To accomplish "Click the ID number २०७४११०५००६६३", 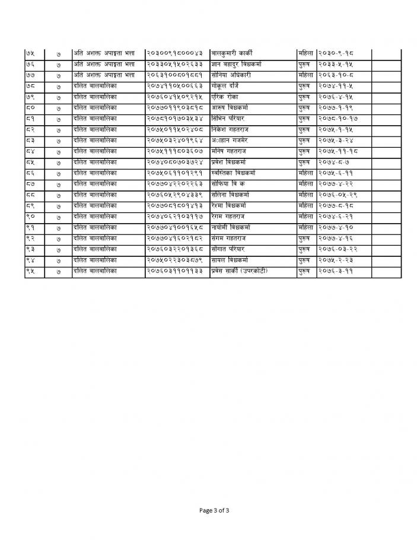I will [177, 86].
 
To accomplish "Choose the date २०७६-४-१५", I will [335, 97].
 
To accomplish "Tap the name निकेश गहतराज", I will [231, 129].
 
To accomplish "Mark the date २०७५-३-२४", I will [335, 140].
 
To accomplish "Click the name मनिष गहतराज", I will [230, 151].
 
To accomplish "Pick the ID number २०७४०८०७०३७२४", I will [177, 162].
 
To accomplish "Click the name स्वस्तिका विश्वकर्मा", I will [237, 173].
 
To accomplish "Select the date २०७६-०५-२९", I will [336, 195].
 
